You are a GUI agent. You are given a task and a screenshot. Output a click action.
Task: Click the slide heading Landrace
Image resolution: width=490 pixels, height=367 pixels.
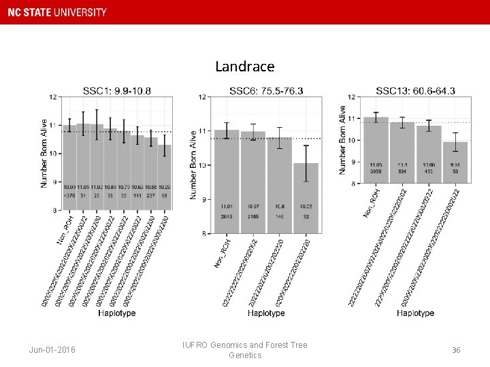click(244, 67)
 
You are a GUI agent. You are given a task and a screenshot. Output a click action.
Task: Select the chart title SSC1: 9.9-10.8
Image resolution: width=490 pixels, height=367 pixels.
click(116, 90)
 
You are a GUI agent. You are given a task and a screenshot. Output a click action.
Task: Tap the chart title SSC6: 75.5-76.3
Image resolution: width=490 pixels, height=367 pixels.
click(266, 90)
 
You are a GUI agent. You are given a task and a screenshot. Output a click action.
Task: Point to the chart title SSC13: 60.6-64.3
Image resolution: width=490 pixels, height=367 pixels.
click(415, 90)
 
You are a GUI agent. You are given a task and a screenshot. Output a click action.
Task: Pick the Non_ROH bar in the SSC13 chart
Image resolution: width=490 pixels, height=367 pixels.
click(376, 150)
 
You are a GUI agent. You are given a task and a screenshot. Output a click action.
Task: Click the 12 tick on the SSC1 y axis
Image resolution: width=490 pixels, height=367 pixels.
click(53, 97)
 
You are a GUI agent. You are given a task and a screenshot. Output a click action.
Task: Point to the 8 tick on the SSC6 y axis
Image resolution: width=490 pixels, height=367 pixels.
click(203, 234)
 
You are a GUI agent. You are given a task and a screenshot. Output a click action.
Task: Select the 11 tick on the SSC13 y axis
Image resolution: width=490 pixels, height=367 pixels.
click(351, 118)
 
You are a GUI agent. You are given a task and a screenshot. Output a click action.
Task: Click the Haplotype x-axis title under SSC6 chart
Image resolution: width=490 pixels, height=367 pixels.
click(266, 313)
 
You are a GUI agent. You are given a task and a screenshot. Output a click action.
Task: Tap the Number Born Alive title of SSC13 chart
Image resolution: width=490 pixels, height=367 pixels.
click(343, 139)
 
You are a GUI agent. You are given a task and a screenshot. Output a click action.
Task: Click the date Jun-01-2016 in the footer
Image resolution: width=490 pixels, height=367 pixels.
click(52, 350)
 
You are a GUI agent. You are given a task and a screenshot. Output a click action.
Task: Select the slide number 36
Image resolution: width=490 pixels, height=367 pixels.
click(456, 350)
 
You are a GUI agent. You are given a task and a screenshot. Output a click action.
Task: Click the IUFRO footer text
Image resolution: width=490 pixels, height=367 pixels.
click(244, 350)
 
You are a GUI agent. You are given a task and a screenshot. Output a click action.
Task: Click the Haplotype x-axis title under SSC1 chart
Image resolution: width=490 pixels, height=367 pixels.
click(116, 313)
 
